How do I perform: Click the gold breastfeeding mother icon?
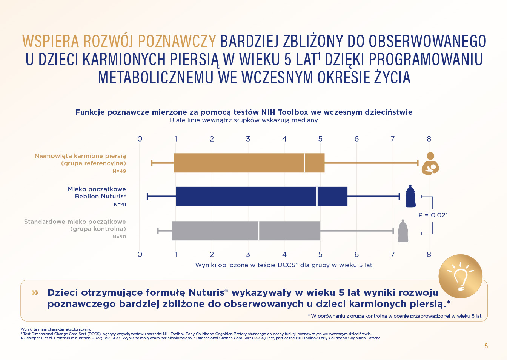pyautogui.click(x=430, y=163)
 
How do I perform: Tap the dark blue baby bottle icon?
pyautogui.click(x=410, y=196)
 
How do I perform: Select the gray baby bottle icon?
pyautogui.click(x=403, y=231)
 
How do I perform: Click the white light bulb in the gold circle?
pyautogui.click(x=460, y=277)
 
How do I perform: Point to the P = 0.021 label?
pyautogui.click(x=433, y=215)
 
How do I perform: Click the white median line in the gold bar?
pyautogui.click(x=305, y=163)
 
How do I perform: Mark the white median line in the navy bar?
pyautogui.click(x=317, y=196)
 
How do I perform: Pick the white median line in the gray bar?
pyautogui.click(x=258, y=231)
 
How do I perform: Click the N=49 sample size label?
pyautogui.click(x=119, y=171)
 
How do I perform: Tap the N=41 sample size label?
pyautogui.click(x=120, y=205)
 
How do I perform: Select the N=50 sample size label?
pyautogui.click(x=119, y=237)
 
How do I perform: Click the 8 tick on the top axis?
pyautogui.click(x=429, y=139)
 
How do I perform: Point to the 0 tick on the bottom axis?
pyautogui.click(x=140, y=254)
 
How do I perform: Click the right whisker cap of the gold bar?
pyautogui.click(x=418, y=163)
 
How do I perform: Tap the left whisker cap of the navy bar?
pyautogui.click(x=147, y=196)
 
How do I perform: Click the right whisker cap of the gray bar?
pyautogui.click(x=393, y=231)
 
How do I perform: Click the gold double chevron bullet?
pyautogui.click(x=35, y=293)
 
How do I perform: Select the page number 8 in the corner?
pyautogui.click(x=486, y=346)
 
